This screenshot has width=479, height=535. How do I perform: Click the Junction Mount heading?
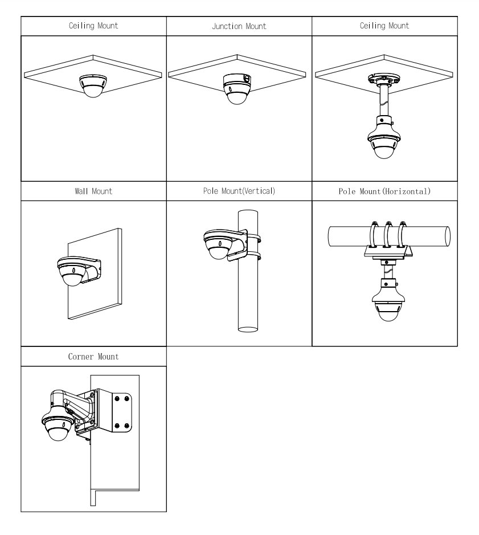click(x=239, y=26)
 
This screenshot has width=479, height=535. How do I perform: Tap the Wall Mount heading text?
click(x=93, y=191)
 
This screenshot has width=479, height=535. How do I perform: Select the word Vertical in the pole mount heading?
click(x=259, y=191)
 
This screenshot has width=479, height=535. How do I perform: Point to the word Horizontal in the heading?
click(x=406, y=191)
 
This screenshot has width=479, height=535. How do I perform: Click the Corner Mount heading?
click(x=93, y=357)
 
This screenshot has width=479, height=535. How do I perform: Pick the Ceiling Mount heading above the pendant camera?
click(x=384, y=26)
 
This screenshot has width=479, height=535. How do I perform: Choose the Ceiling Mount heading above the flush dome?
click(x=93, y=26)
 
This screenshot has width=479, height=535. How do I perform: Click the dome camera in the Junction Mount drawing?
click(x=237, y=89)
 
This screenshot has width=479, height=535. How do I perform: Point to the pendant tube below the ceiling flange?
click(x=384, y=100)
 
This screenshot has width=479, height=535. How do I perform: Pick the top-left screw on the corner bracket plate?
click(x=117, y=398)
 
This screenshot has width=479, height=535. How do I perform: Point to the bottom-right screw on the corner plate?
click(x=126, y=426)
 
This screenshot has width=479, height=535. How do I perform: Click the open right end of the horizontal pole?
click(x=448, y=236)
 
